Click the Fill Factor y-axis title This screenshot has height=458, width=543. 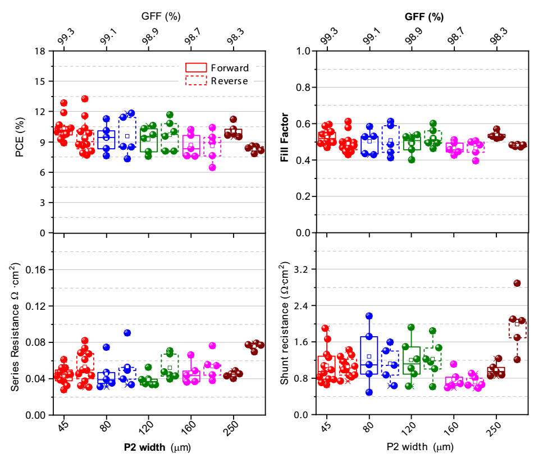[285, 141]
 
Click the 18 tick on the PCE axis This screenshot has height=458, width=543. [40, 51]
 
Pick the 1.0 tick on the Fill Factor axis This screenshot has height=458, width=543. [302, 51]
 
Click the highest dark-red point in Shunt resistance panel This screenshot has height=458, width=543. [517, 283]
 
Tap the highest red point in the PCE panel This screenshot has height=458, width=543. [85, 99]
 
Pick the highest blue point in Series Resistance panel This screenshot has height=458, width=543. [127, 333]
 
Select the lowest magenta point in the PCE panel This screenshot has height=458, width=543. [212, 167]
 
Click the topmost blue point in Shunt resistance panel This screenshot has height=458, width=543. [369, 317]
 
